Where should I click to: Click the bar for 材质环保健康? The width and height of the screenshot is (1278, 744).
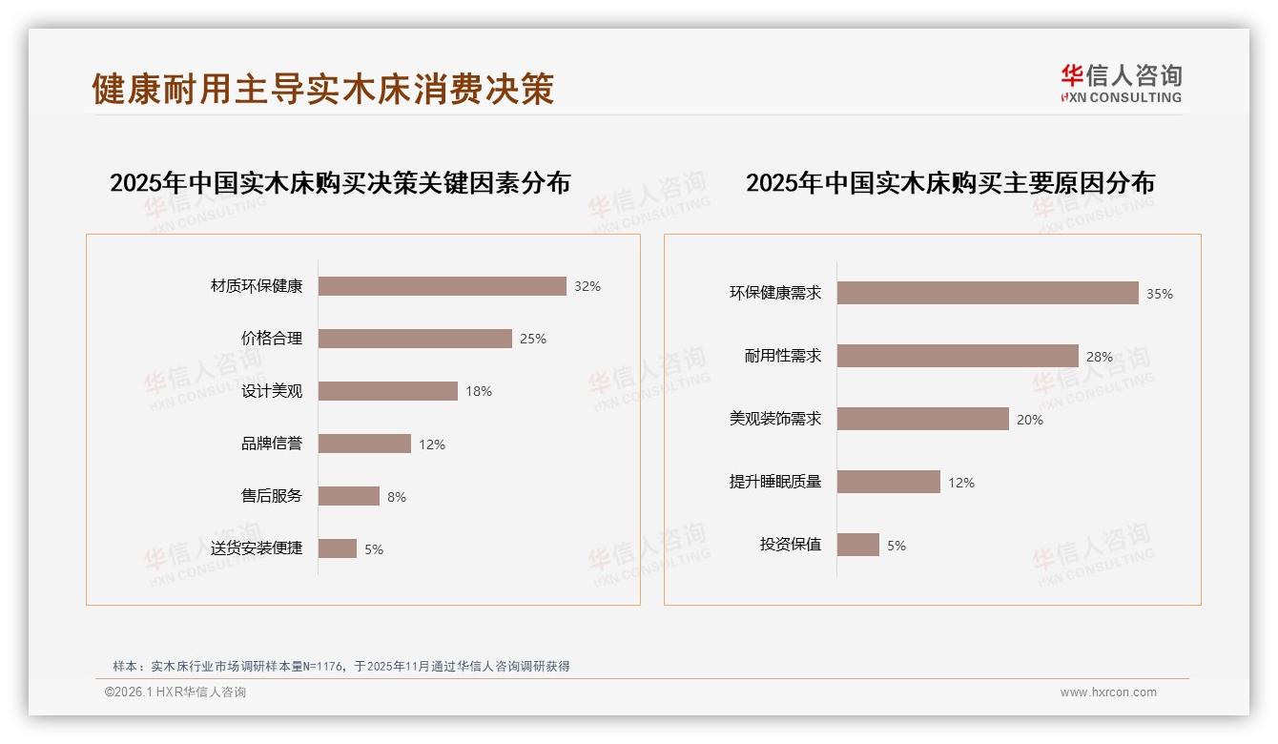coord(442,286)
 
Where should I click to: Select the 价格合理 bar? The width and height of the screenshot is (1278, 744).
coord(415,339)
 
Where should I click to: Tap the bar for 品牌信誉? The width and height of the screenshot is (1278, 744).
coord(364,444)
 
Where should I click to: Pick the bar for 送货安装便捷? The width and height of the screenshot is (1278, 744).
coord(337,548)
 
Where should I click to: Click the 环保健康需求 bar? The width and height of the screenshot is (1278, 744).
coord(987,293)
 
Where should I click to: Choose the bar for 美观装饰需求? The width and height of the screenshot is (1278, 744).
coord(922,419)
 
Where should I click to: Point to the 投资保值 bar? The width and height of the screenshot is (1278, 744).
coord(857,545)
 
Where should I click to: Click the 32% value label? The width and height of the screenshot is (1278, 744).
coord(587,286)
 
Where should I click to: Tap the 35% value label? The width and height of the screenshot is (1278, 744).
coord(1160,294)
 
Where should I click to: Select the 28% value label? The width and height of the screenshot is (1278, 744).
coord(1100,357)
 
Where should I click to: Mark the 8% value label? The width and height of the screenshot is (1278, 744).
coord(397,497)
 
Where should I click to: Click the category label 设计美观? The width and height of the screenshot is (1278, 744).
coord(272,391)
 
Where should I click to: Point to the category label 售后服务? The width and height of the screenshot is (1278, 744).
coord(272,496)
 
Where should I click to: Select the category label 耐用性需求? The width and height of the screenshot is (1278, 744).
coord(783,356)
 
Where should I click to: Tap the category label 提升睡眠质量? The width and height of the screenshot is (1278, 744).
coord(775,482)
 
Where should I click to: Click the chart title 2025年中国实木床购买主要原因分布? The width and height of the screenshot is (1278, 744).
coord(950,183)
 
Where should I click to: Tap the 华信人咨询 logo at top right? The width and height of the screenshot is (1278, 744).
coord(1121,84)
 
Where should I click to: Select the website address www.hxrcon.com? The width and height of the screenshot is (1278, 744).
coord(1108,692)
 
